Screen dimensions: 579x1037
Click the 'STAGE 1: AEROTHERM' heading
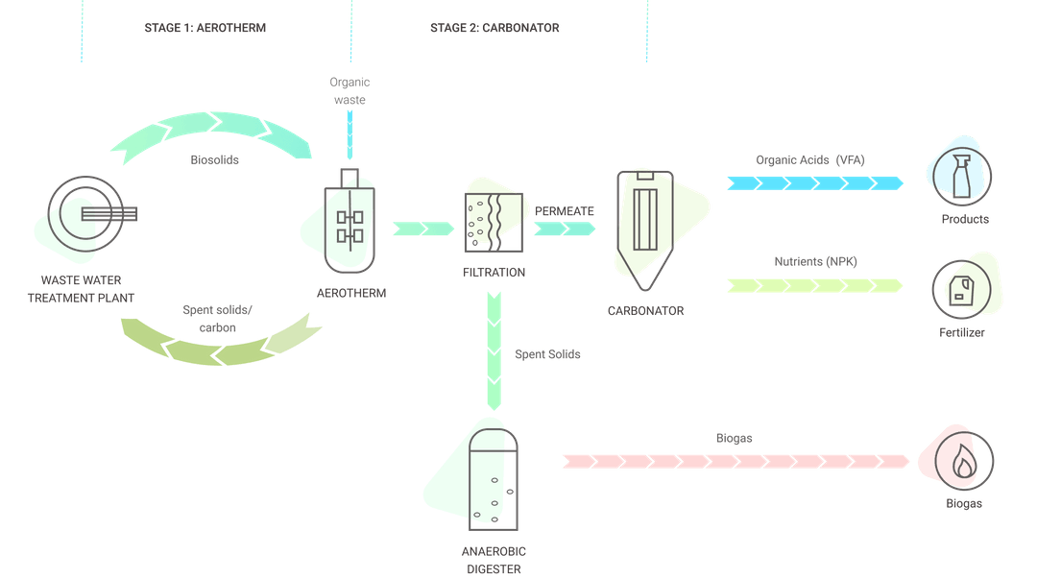click(x=205, y=28)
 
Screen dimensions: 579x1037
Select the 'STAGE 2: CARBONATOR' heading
click(x=494, y=28)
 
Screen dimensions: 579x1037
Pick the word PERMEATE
click(x=565, y=209)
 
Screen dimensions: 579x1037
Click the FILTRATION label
click(x=494, y=273)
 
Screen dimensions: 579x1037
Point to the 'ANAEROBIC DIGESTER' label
click(x=494, y=559)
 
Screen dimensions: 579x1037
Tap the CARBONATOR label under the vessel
click(x=645, y=311)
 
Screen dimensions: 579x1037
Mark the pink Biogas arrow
click(x=736, y=461)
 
